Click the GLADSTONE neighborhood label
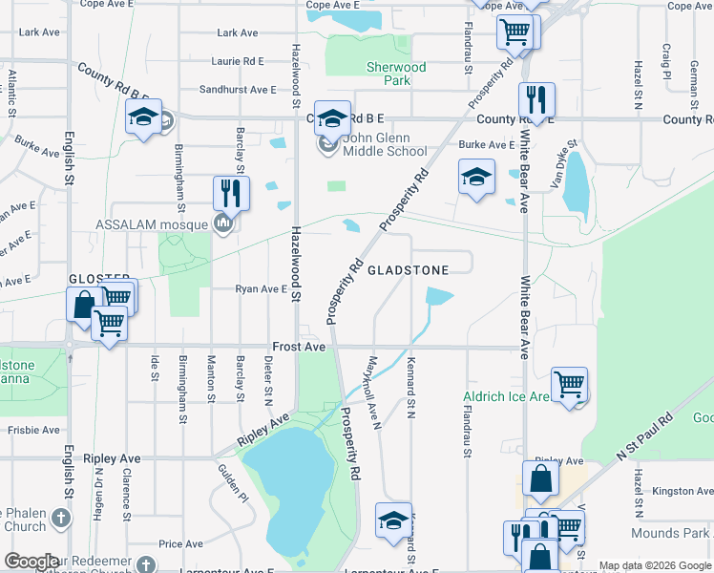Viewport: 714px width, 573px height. click(408, 270)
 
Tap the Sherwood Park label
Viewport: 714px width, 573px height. click(396, 74)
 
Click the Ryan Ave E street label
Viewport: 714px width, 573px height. click(261, 288)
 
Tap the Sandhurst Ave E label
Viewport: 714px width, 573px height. click(238, 89)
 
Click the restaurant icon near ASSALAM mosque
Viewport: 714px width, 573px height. click(231, 194)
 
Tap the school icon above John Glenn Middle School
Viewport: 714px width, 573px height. click(332, 118)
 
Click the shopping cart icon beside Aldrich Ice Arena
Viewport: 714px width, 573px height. click(570, 385)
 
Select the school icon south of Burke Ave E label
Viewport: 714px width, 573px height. click(476, 177)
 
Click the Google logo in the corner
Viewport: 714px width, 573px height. click(31, 562)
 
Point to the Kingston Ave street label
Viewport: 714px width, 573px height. click(682, 491)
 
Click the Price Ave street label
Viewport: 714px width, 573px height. click(180, 544)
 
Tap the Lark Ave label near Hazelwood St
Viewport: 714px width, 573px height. click(238, 32)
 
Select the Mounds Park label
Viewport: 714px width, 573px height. click(683, 532)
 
